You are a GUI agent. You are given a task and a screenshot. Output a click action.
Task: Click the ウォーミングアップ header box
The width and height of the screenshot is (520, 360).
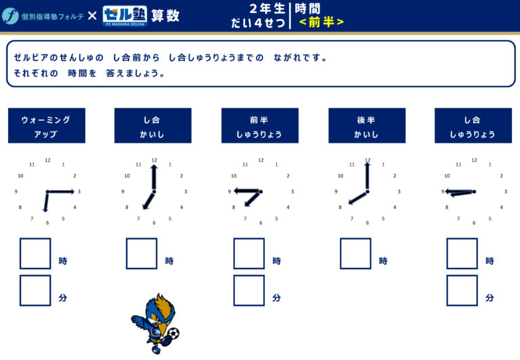click(47, 126)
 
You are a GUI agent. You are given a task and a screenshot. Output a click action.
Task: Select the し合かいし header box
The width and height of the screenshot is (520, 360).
click(153, 126)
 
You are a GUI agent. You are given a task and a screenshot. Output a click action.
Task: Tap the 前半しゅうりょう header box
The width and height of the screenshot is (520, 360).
click(260, 126)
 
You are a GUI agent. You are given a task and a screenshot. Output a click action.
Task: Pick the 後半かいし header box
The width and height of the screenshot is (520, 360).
click(367, 126)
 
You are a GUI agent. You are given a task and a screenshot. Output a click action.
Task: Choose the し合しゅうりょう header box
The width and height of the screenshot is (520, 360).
click(473, 126)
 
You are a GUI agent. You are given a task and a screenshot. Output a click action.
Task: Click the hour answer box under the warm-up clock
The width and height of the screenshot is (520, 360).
click(35, 254)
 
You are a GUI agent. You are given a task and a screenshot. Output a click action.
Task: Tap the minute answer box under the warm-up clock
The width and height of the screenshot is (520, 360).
click(35, 290)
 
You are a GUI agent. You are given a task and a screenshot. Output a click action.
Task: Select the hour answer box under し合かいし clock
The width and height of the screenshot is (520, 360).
click(142, 254)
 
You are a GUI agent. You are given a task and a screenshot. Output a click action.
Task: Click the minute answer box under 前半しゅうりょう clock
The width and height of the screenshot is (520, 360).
click(249, 290)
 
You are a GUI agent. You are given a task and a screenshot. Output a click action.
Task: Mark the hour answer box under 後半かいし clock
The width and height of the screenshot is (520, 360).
click(355, 254)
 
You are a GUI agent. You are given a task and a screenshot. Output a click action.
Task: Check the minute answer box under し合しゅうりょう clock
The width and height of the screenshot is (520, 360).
click(462, 290)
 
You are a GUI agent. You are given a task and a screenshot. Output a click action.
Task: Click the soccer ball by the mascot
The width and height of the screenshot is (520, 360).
click(173, 333)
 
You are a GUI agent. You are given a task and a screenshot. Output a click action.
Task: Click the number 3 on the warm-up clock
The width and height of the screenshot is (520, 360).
click(79, 192)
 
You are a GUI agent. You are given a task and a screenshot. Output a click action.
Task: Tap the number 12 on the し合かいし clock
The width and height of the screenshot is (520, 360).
click(154, 160)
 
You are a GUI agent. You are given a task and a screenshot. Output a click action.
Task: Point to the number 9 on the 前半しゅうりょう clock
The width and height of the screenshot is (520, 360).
click(229, 192)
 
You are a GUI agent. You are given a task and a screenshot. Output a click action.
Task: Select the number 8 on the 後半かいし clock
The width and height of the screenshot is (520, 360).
click(340, 207)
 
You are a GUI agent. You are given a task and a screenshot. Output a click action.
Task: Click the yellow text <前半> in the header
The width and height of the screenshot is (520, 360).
click(322, 22)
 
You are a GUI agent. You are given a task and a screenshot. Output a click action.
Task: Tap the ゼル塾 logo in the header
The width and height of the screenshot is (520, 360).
click(125, 16)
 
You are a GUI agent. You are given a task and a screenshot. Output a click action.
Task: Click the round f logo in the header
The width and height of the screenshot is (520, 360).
click(10, 16)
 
